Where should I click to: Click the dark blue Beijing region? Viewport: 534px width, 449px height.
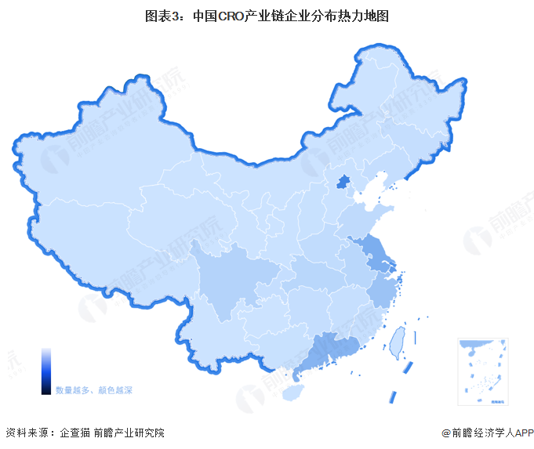(x=343, y=183)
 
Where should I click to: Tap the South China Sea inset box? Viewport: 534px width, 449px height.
(x=483, y=371)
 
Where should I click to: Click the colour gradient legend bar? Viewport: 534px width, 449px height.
(x=46, y=371)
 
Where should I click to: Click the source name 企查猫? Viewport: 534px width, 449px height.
(x=75, y=433)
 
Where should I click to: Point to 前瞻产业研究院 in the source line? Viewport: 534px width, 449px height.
(x=129, y=433)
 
